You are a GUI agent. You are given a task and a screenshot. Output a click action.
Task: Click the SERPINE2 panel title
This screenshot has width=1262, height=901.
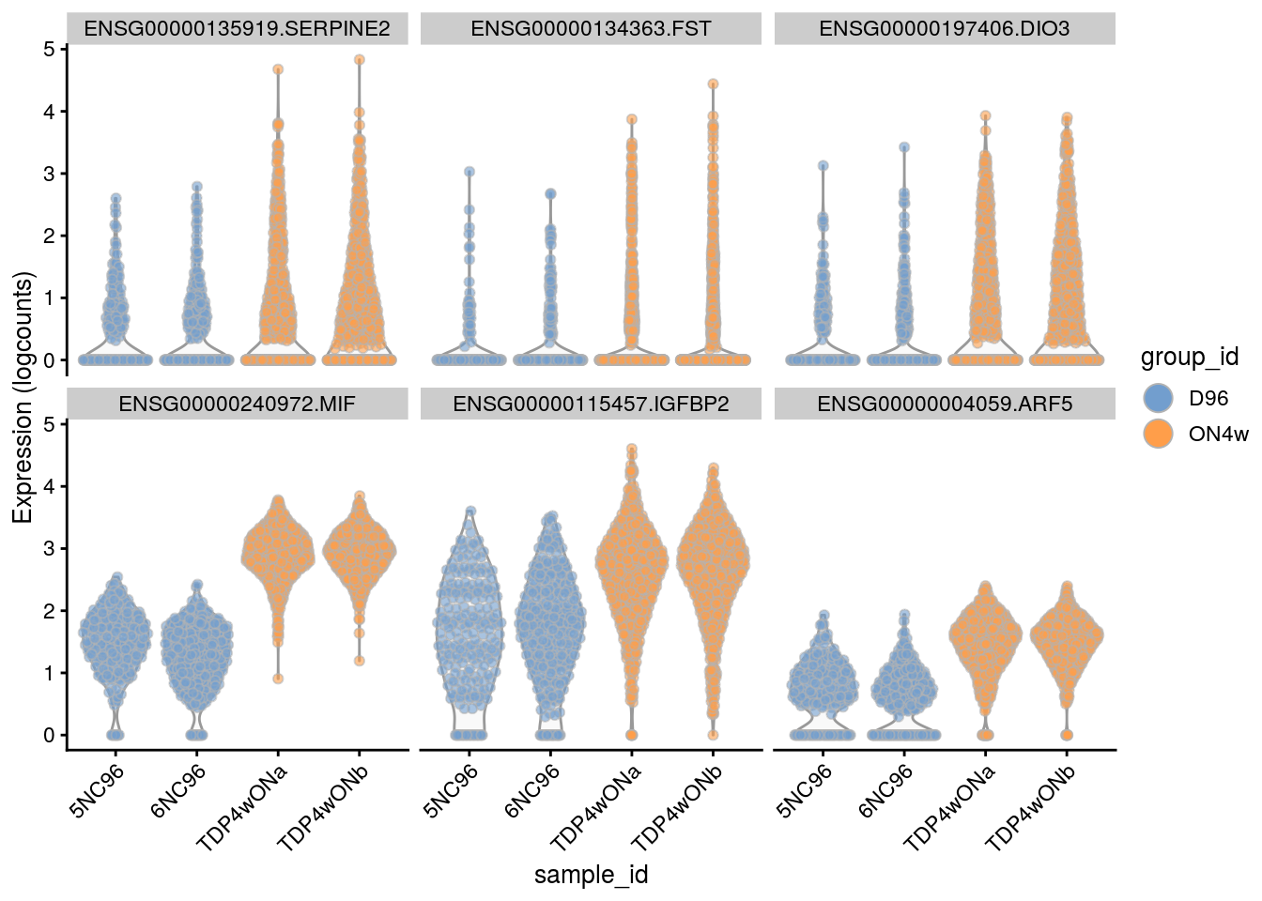point(237,29)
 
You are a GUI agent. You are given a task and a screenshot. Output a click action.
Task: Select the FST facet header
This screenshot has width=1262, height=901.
point(591,29)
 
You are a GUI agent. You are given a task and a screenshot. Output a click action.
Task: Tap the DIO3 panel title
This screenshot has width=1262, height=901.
point(944,29)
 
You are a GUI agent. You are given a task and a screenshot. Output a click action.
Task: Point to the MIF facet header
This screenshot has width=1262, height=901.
point(237,405)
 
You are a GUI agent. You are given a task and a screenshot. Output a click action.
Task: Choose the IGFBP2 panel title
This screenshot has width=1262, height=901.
point(591,405)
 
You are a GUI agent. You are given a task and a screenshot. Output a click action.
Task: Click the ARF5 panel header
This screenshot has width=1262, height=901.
point(944,405)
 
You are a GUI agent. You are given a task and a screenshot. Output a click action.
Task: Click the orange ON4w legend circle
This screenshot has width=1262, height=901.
point(1160,434)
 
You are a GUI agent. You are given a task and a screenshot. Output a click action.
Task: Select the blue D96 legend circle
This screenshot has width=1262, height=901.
point(1160,398)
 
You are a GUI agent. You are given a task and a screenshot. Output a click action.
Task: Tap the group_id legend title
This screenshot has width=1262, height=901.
point(1189,358)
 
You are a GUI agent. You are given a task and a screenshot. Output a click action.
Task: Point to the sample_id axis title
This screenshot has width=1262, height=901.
point(591,876)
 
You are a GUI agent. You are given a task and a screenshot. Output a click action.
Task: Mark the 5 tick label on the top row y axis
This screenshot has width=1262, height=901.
point(49,49)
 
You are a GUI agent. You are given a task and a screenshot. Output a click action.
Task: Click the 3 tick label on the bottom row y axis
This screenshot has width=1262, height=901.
point(49,549)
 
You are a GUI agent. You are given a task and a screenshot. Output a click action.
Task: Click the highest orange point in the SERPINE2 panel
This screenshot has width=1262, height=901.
point(359,60)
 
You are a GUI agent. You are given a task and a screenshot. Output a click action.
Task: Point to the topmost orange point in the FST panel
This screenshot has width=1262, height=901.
point(713,84)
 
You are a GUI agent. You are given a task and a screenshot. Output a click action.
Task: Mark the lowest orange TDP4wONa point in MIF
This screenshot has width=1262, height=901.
point(278,679)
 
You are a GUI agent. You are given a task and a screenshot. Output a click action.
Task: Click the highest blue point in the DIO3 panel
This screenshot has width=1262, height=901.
point(904,147)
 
